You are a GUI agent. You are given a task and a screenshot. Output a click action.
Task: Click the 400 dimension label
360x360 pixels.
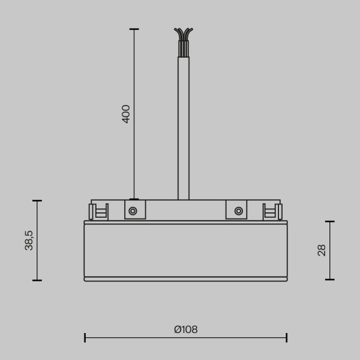pyautogui.click(x=126, y=113)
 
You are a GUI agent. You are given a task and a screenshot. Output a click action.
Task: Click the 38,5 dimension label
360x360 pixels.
pyautogui.click(x=29, y=240)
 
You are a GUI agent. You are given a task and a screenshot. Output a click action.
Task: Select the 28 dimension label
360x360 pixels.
pyautogui.click(x=322, y=250)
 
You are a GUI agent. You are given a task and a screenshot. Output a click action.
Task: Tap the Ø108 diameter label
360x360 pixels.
pyautogui.click(x=186, y=329)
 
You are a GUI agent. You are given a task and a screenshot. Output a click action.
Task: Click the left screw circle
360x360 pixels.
pyautogui.click(x=133, y=211)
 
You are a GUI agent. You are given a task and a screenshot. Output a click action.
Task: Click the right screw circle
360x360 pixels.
pyautogui.click(x=239, y=211)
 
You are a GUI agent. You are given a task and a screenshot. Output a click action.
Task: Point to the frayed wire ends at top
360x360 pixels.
pyautogui.click(x=184, y=34)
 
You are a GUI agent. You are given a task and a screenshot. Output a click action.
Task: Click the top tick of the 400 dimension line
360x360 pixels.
pyautogui.click(x=134, y=29)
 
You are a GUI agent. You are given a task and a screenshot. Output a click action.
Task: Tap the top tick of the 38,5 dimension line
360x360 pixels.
pyautogui.click(x=37, y=200)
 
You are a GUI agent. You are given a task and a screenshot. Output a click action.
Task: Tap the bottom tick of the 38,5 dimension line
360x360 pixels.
pyautogui.click(x=37, y=280)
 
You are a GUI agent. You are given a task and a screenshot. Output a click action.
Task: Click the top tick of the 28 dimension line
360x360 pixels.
pyautogui.click(x=329, y=221)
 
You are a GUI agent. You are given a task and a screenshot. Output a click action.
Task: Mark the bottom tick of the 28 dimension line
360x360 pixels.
pyautogui.click(x=329, y=279)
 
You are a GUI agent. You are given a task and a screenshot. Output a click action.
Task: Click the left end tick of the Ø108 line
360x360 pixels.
pyautogui.click(x=85, y=338)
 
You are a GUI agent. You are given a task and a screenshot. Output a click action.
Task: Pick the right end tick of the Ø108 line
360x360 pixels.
pyautogui.click(x=287, y=338)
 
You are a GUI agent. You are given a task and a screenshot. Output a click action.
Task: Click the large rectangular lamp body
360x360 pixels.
pyautogui.click(x=185, y=250)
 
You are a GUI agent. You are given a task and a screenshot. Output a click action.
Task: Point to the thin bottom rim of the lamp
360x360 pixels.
pyautogui.click(x=185, y=279)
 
